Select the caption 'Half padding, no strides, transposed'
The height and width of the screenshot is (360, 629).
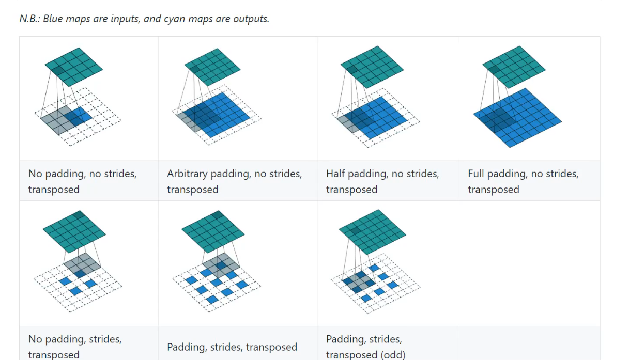(382, 181)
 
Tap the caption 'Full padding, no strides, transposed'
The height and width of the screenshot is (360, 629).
(523, 181)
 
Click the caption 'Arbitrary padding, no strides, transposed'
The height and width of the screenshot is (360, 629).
(234, 181)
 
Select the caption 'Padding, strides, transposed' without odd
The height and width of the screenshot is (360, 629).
(232, 347)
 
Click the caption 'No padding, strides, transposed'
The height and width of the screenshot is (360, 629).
(75, 347)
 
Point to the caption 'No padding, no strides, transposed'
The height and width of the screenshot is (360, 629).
(82, 181)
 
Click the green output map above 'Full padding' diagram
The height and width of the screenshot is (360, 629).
(514, 67)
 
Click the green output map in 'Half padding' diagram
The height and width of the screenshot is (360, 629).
(372, 67)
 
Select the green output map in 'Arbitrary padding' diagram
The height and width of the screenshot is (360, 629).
(213, 67)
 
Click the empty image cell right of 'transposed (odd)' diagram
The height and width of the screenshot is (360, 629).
(529, 263)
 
